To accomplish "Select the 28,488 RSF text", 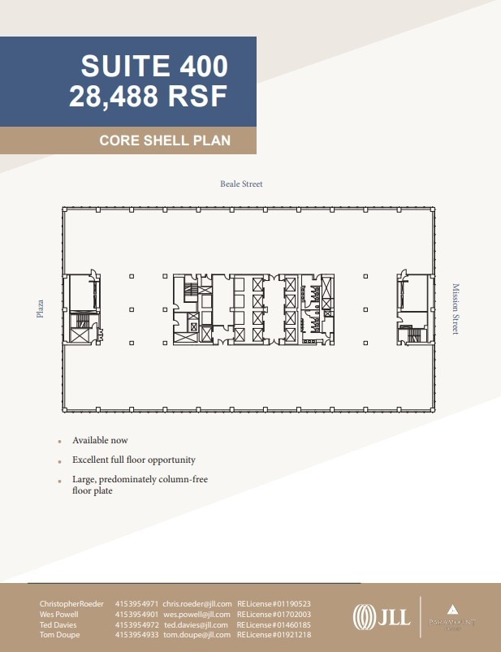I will [x=149, y=97].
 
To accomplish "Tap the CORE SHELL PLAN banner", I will [x=165, y=140].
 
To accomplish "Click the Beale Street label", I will [x=241, y=184].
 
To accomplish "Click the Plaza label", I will [x=40, y=308].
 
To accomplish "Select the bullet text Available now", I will [x=100, y=440].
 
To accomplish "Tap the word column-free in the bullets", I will [x=184, y=480].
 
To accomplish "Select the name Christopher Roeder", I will [x=71, y=604].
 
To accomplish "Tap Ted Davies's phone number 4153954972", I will [x=137, y=625].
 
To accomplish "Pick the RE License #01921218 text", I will [x=274, y=636].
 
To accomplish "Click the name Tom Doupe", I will [x=56, y=636].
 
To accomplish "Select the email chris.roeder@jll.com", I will [x=197, y=604].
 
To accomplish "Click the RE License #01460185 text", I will [x=274, y=625].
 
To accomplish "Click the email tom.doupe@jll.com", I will [x=197, y=636].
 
